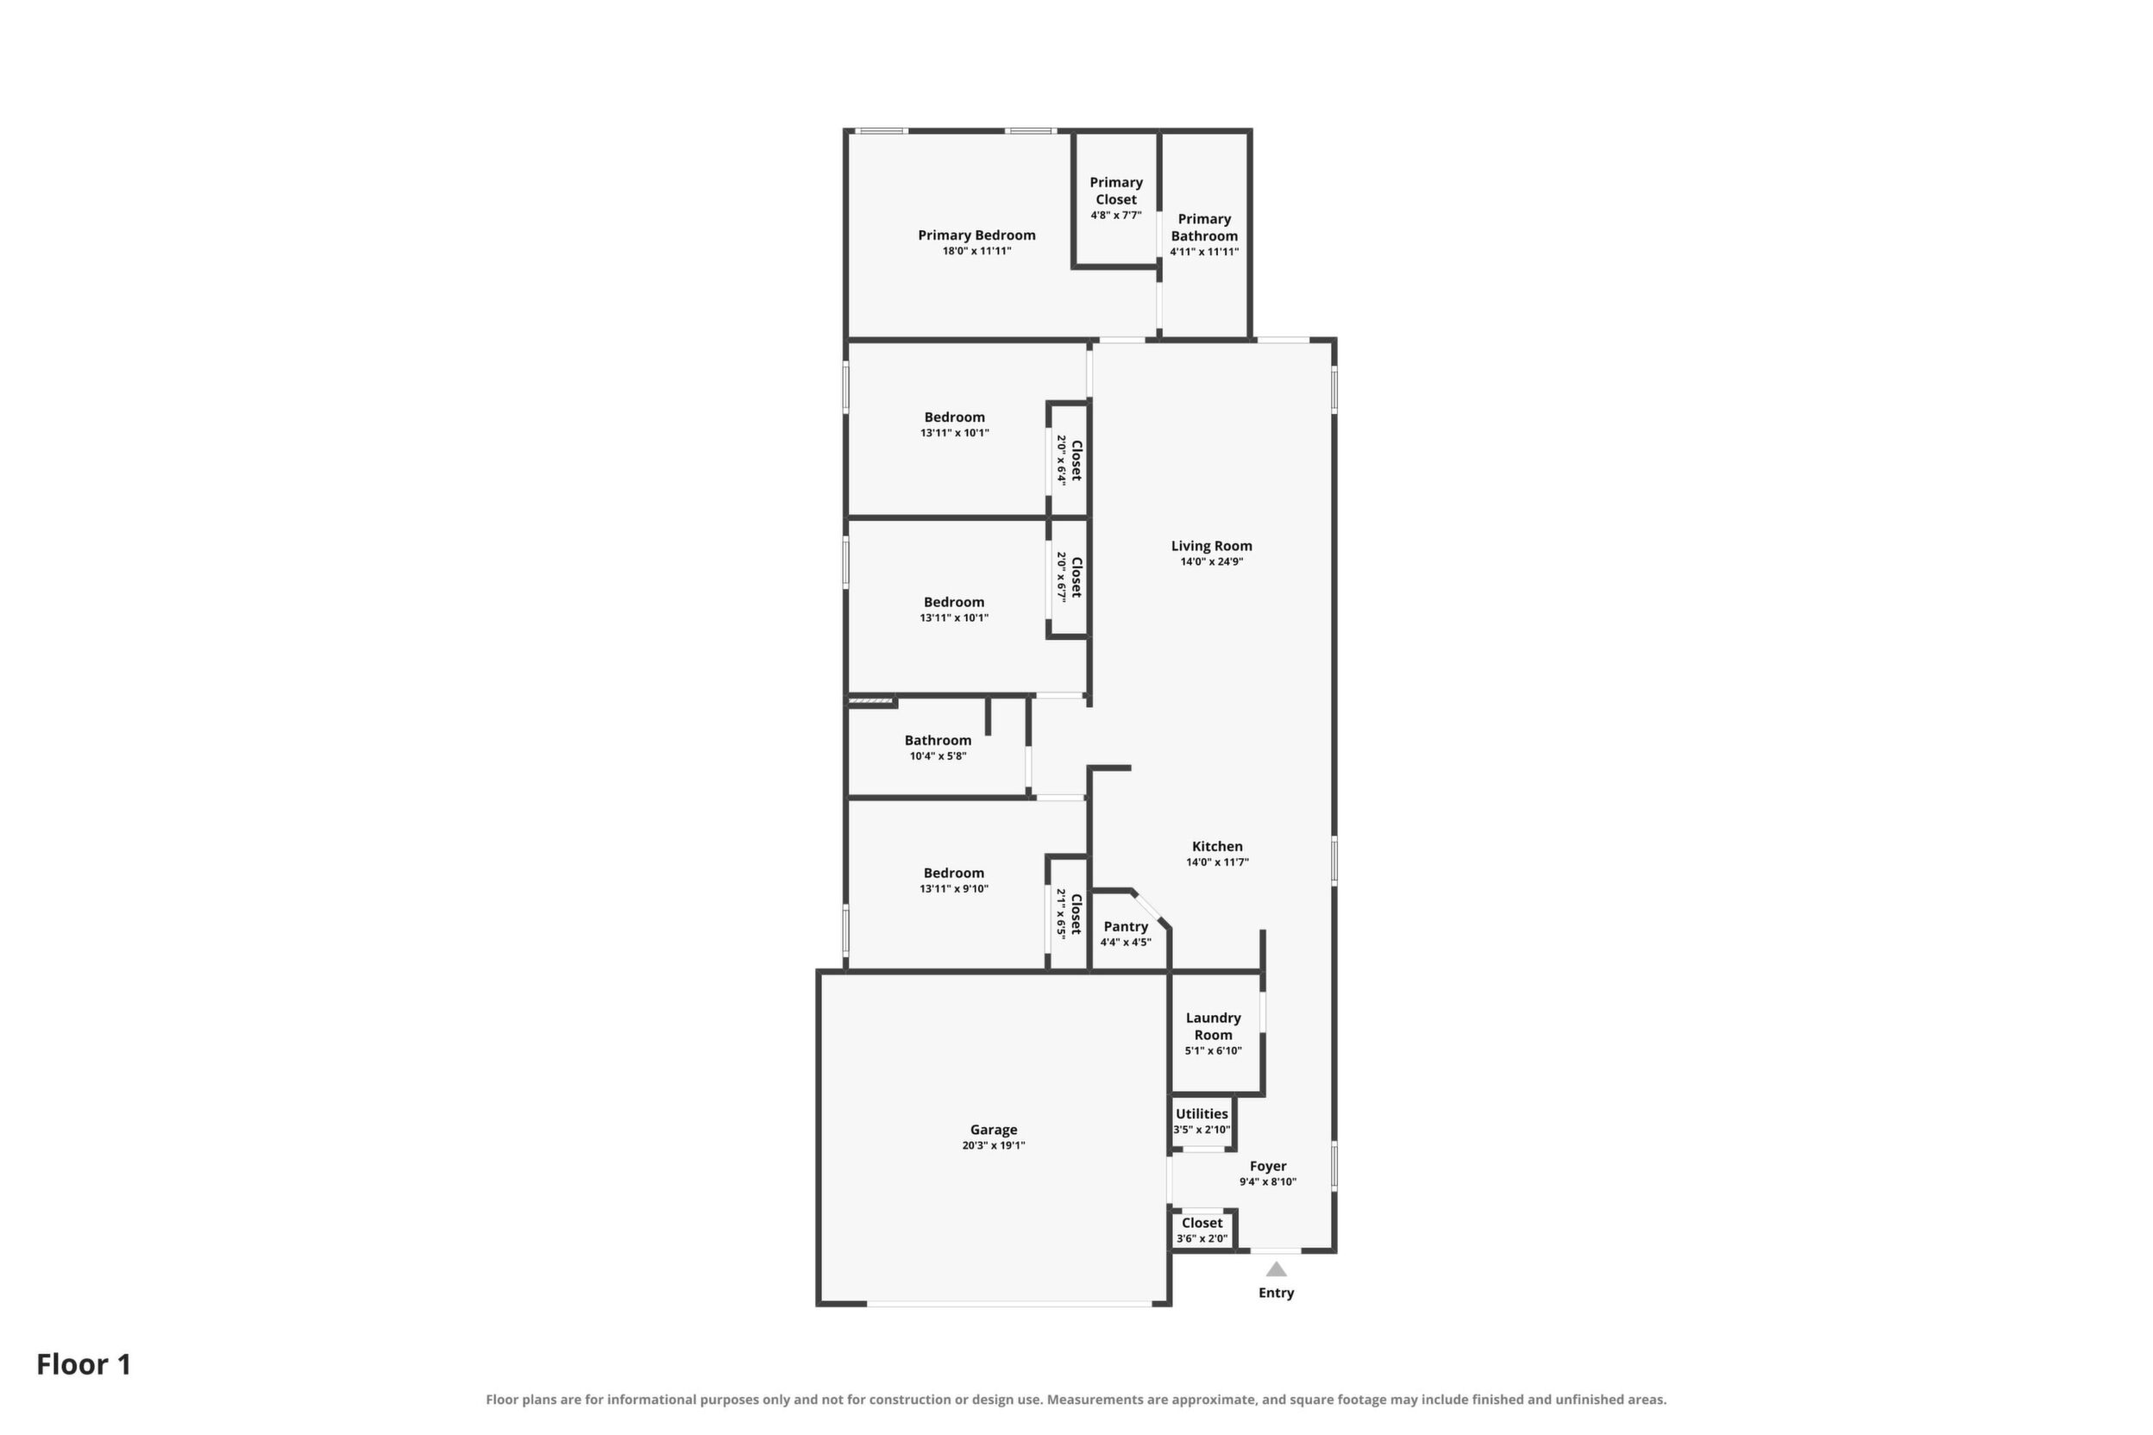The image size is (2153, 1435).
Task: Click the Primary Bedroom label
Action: point(976,235)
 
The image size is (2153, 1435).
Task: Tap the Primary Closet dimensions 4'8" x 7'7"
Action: point(1116,215)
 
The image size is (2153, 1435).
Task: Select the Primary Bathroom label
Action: point(1205,227)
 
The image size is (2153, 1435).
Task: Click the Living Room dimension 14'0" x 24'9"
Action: point(1211,562)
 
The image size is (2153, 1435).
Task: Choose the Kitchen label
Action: point(1217,847)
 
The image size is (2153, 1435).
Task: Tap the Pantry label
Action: point(1126,926)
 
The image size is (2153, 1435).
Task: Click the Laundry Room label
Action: point(1213,1026)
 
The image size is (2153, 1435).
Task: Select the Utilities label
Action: point(1202,1114)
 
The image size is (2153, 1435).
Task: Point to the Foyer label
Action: point(1268,1166)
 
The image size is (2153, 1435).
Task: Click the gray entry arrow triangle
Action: point(1276,1269)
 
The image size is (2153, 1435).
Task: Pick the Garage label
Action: point(993,1130)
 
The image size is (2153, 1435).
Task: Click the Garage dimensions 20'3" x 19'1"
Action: point(993,1146)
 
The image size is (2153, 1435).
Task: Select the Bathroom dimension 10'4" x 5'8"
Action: point(938,756)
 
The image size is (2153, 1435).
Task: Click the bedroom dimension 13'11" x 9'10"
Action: point(954,888)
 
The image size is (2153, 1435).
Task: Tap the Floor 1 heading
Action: point(85,1364)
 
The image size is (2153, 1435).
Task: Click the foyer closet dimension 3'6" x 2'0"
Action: point(1202,1239)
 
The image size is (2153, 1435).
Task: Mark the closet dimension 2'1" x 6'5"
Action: point(1062,913)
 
